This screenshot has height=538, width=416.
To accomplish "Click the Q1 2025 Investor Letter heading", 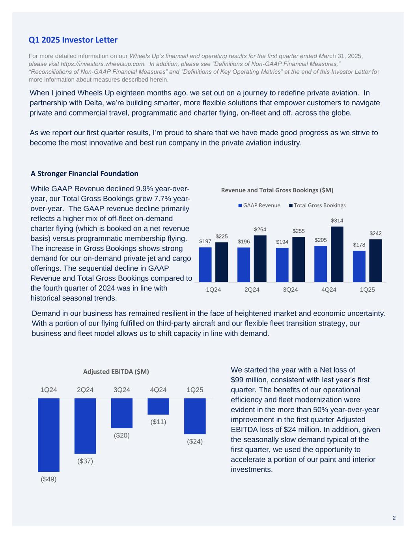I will pyautogui.click(x=73, y=40).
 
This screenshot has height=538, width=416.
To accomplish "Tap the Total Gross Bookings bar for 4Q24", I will pyautogui.click(x=337, y=254).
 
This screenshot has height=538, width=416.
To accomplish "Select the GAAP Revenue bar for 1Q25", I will pyautogui.click(x=359, y=266).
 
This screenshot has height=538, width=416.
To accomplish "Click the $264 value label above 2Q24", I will pyautogui.click(x=260, y=229).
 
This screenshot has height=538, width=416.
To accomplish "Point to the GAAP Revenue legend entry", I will pyautogui.click(x=259, y=205).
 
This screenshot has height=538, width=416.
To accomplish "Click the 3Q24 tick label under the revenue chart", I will pyautogui.click(x=290, y=290).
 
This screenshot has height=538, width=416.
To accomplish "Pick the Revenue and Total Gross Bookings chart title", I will pyautogui.click(x=277, y=190).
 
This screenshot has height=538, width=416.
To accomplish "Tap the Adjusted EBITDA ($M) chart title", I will pyautogui.click(x=116, y=371).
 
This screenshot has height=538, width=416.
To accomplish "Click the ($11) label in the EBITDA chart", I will pyautogui.click(x=158, y=422).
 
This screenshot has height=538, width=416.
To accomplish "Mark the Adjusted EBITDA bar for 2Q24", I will pyautogui.click(x=85, y=426).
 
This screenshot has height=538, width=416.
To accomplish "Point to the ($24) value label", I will pyautogui.click(x=195, y=441).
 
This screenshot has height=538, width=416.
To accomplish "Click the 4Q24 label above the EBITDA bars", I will pyautogui.click(x=158, y=390).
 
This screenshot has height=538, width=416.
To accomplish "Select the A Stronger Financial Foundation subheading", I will pyautogui.click(x=84, y=173).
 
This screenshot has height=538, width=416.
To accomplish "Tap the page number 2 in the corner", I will pyautogui.click(x=394, y=518).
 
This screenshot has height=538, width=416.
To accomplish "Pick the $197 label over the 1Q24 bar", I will pyautogui.click(x=205, y=241).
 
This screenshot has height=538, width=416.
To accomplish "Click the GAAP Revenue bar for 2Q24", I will pyautogui.click(x=244, y=265).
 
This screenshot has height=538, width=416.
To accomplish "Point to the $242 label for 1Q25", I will pyautogui.click(x=375, y=233).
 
